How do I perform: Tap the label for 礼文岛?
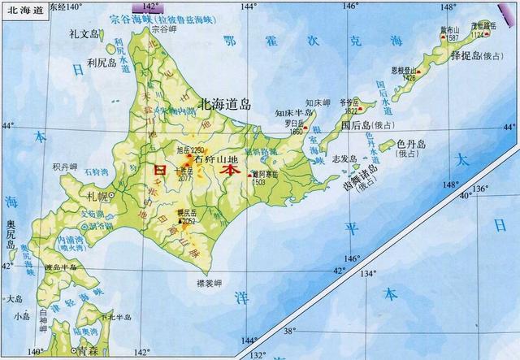(x=84, y=33)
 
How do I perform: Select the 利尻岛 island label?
(x=103, y=62)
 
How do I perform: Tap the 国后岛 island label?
(x=356, y=126)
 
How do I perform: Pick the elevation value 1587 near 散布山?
(x=453, y=37)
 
